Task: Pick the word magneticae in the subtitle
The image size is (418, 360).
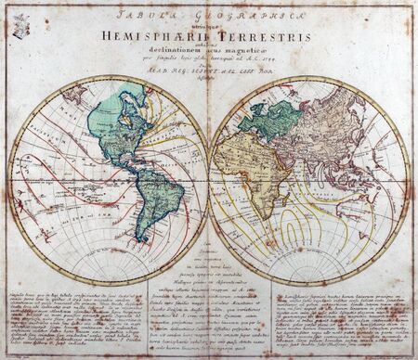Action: click(241, 47)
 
